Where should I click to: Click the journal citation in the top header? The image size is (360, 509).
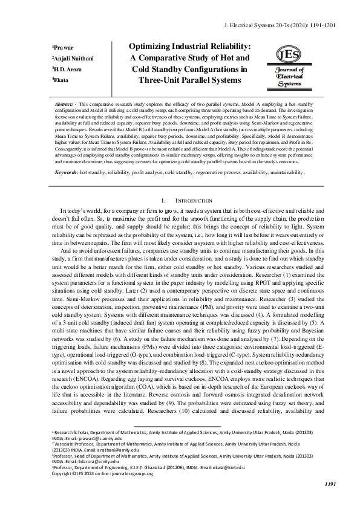(288, 27)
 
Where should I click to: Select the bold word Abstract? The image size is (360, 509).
(65, 105)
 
